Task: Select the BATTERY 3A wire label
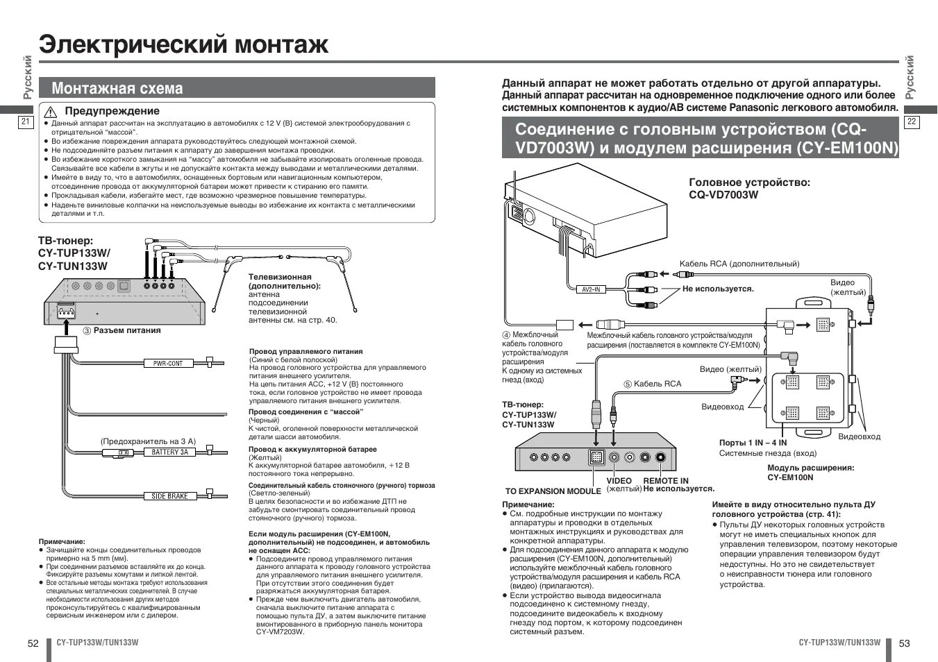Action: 169,452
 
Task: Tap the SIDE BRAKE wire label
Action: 169,496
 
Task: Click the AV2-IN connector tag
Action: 590,289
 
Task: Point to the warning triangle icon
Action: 50,112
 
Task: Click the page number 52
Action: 33,643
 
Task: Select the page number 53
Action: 904,643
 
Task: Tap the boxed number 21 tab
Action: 25,122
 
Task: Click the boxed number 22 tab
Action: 912,122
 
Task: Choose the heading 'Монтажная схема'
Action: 117,88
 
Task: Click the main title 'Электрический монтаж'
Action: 183,44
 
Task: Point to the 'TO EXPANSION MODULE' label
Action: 553,491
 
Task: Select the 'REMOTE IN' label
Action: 665,481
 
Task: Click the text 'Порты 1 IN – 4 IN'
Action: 753,443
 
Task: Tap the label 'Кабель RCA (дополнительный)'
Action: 739,264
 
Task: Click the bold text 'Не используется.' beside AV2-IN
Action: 717,289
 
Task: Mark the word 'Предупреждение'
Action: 112,111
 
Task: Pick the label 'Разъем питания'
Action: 127,330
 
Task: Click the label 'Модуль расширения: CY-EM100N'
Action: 810,473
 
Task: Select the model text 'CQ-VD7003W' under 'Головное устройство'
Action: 723,195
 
